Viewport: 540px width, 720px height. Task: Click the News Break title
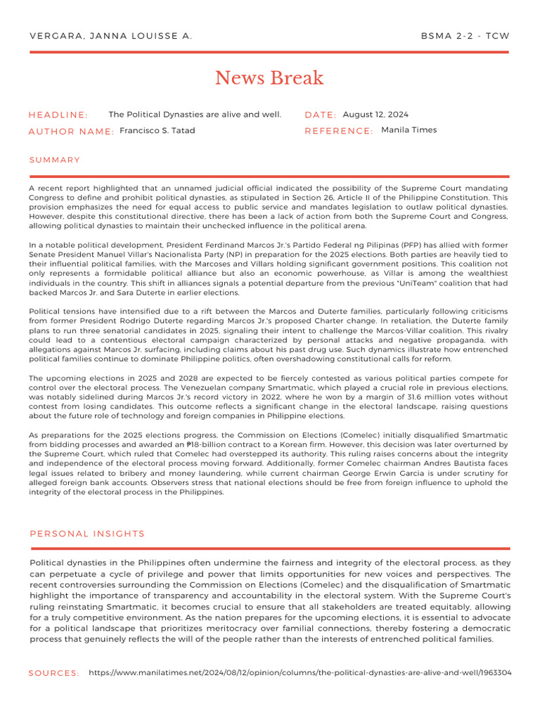(269, 77)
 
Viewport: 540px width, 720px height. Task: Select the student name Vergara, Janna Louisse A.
(110, 36)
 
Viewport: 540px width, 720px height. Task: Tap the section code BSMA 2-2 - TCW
(465, 36)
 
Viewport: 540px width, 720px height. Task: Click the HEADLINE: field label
(58, 115)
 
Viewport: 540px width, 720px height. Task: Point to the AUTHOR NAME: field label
(71, 131)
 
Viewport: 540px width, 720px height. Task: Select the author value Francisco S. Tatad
(157, 131)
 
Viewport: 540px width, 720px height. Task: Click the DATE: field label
(321, 115)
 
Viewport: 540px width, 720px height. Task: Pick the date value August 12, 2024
(375, 115)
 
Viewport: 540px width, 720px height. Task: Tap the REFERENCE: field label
(339, 131)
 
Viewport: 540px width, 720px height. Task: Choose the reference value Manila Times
(409, 130)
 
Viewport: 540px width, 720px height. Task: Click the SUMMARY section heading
(55, 160)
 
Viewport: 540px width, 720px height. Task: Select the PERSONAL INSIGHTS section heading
(87, 534)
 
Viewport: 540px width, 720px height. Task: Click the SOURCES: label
(54, 674)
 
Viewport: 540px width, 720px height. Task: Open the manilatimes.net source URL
(300, 673)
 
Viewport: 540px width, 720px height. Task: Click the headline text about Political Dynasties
(195, 115)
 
